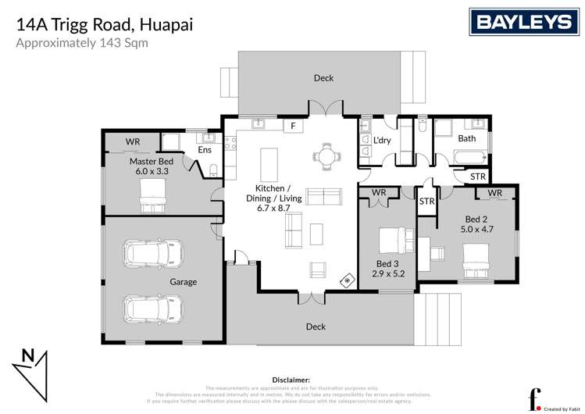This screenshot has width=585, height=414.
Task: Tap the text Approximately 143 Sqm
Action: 82,43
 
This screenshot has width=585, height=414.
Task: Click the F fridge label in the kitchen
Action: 293,125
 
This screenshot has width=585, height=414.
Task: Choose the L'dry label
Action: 382,140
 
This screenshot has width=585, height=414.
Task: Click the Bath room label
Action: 466,138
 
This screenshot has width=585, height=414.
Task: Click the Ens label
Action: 204,149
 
